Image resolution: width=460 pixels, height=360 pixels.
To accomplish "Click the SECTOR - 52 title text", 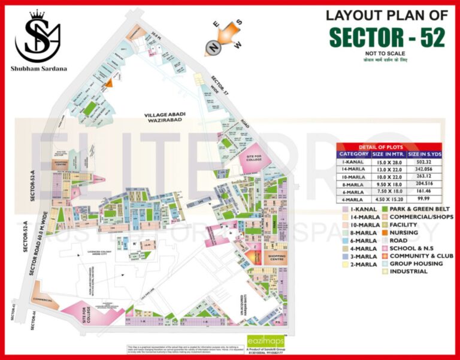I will (387, 38).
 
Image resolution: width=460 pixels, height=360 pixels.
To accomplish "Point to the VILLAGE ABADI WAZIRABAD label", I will (165, 117).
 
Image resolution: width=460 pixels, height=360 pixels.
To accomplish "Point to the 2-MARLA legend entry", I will (362, 264).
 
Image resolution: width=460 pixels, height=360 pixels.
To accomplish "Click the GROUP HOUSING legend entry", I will (417, 264).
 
